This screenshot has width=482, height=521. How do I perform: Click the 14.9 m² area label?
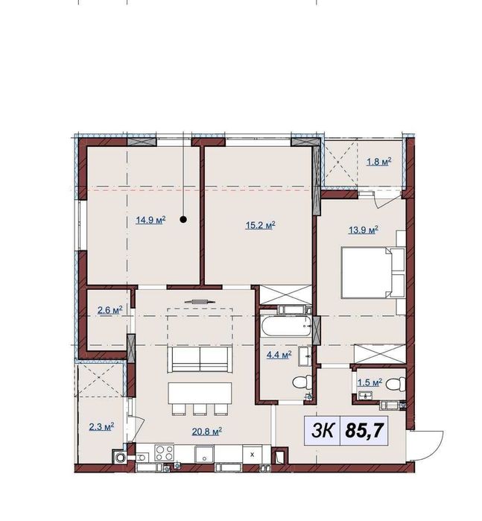tap(150, 220)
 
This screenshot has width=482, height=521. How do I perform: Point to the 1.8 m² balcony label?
tap(378, 162)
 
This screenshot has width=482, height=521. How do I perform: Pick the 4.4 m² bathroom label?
tap(281, 356)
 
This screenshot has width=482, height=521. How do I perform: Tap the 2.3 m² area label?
tap(99, 426)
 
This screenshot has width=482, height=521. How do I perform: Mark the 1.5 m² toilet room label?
tap(370, 382)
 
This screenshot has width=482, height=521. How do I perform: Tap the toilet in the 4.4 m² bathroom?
tap(300, 383)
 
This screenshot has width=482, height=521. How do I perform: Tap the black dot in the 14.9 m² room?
tap(183, 219)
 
